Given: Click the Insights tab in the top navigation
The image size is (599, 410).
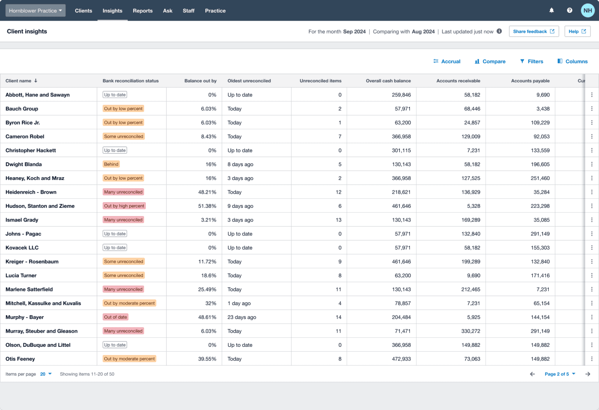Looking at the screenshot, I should pyautogui.click(x=112, y=11).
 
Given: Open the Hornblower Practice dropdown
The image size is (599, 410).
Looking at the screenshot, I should pyautogui.click(x=35, y=11).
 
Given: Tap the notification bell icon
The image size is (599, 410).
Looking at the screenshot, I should pyautogui.click(x=551, y=11).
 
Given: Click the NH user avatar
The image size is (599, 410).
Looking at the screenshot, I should pyautogui.click(x=588, y=11).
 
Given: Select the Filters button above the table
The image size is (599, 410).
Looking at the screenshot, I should pyautogui.click(x=532, y=61).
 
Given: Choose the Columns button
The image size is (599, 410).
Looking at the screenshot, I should pyautogui.click(x=572, y=61).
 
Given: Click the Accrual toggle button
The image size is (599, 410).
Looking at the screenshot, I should pyautogui.click(x=447, y=61).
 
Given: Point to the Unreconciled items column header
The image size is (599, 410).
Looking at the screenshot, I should pyautogui.click(x=320, y=81).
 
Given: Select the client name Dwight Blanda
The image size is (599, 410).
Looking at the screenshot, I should pyautogui.click(x=24, y=164).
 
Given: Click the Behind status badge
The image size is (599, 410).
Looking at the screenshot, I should pyautogui.click(x=111, y=164).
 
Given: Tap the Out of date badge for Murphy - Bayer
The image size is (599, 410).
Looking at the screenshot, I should pyautogui.click(x=115, y=317).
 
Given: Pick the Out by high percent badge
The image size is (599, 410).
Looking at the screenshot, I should pyautogui.click(x=124, y=206).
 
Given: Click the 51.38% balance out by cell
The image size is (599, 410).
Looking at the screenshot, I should pyautogui.click(x=207, y=206).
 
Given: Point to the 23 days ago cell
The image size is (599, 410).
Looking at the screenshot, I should pyautogui.click(x=242, y=317).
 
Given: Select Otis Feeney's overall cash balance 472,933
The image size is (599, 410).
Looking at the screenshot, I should pyautogui.click(x=401, y=359).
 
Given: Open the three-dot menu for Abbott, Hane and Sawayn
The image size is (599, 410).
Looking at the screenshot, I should pyautogui.click(x=592, y=95).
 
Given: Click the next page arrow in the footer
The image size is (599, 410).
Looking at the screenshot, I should pyautogui.click(x=588, y=374).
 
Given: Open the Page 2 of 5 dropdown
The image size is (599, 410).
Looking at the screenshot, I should pyautogui.click(x=560, y=374).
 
